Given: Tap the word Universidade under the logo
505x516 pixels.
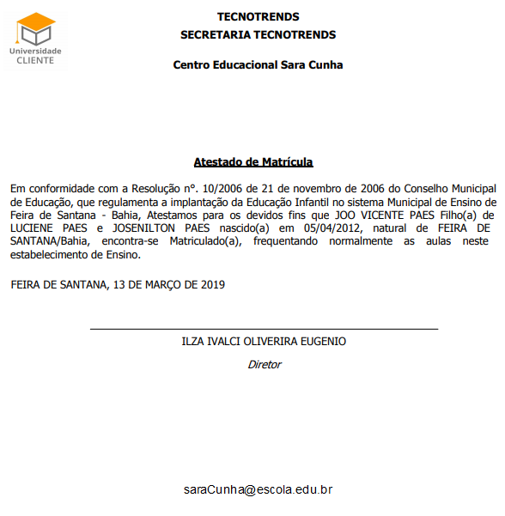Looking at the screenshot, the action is (35, 51).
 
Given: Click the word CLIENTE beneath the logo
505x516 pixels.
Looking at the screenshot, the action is (35, 60).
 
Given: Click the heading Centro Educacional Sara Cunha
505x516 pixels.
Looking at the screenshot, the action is (258, 65).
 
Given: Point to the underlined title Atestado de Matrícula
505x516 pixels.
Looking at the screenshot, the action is (253, 161).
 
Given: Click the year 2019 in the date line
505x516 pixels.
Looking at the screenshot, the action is (212, 285).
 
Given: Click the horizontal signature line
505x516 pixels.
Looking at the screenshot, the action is (264, 329).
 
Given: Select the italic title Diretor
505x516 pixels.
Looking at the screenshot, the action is (264, 364).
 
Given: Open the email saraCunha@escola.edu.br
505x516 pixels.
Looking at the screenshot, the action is (258, 489).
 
